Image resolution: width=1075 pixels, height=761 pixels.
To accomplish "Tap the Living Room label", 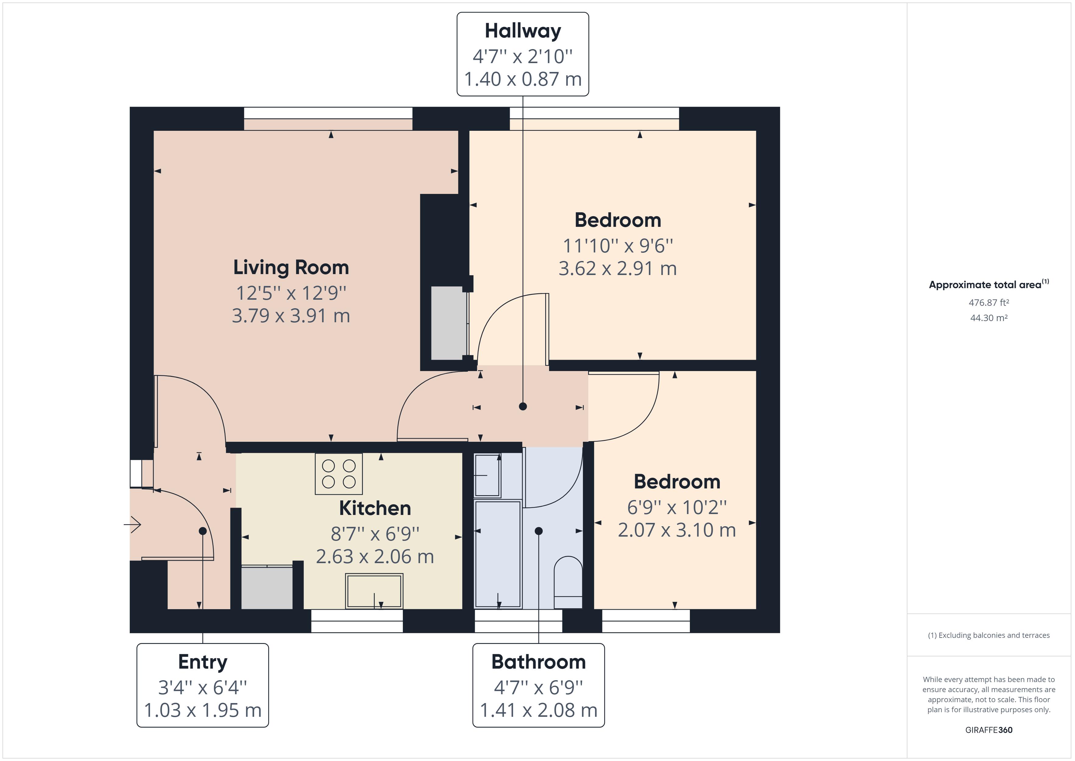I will [x=291, y=268].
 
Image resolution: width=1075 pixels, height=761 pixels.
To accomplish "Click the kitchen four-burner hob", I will [x=339, y=474].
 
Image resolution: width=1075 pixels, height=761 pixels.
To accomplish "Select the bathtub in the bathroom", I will [x=498, y=554].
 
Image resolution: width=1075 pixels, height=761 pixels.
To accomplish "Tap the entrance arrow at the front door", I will [x=133, y=524].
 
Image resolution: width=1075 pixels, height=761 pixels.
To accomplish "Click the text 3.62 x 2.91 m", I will [x=618, y=269].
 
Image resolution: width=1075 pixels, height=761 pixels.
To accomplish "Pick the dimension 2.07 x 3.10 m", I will [x=676, y=530].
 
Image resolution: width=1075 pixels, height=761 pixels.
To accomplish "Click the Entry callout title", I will [x=202, y=662].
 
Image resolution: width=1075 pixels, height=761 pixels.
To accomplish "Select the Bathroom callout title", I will [x=538, y=662].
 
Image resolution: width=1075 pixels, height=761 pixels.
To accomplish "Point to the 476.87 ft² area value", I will [x=988, y=303].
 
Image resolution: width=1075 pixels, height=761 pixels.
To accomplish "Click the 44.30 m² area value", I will [x=988, y=318].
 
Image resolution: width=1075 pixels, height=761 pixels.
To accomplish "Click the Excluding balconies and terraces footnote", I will [x=988, y=635].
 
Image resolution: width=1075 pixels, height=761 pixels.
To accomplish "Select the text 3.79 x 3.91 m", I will [x=291, y=316].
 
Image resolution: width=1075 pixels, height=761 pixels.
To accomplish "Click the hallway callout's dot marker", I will [x=523, y=406].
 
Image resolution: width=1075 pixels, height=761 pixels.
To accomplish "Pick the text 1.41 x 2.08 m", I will [x=538, y=710].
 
